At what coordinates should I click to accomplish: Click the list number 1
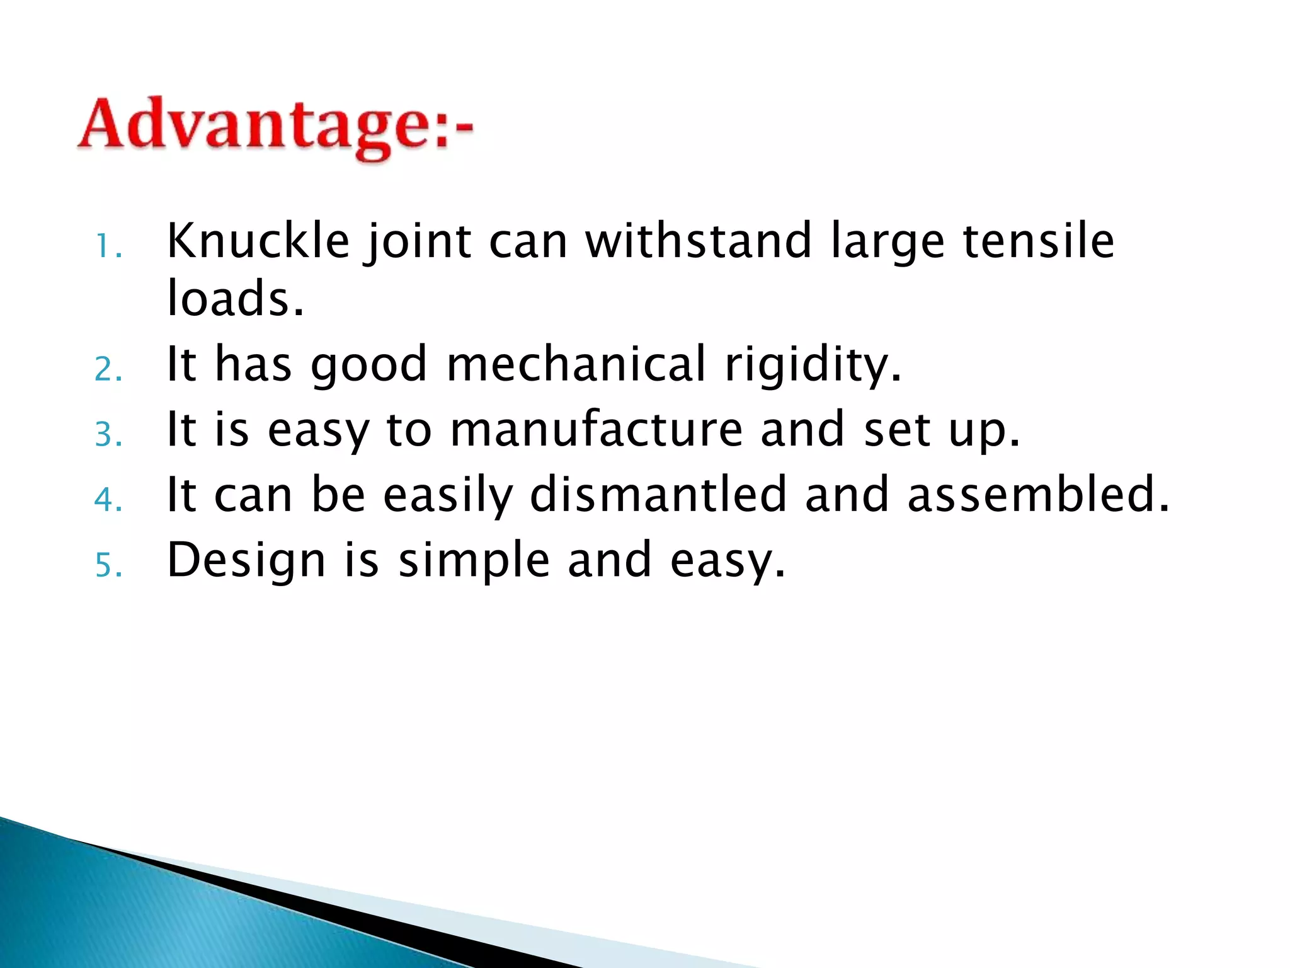[108, 247]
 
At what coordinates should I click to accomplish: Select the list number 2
[108, 369]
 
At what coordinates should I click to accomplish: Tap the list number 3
[108, 435]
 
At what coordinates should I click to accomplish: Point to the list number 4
[108, 500]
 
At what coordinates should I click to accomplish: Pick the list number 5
[108, 565]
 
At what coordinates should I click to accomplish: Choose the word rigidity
[813, 366]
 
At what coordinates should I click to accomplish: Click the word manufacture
[596, 430]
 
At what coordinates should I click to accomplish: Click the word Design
[246, 560]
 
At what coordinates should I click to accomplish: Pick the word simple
[474, 561]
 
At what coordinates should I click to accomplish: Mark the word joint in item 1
[418, 242]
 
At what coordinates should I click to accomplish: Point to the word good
[369, 366]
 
